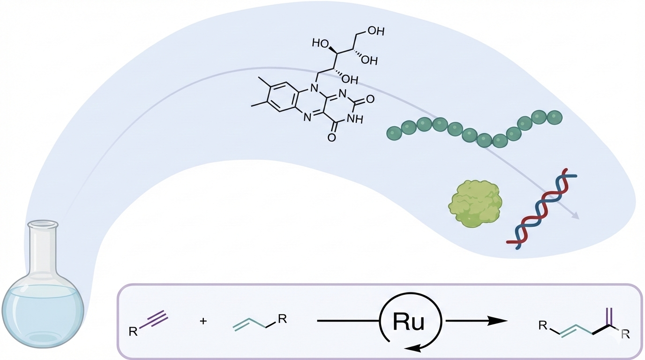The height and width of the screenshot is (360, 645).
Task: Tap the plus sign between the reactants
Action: (203, 322)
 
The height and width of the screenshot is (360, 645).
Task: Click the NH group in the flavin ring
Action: (355, 119)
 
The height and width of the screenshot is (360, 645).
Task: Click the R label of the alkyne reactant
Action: (133, 332)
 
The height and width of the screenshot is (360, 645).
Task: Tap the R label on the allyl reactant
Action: (282, 319)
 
